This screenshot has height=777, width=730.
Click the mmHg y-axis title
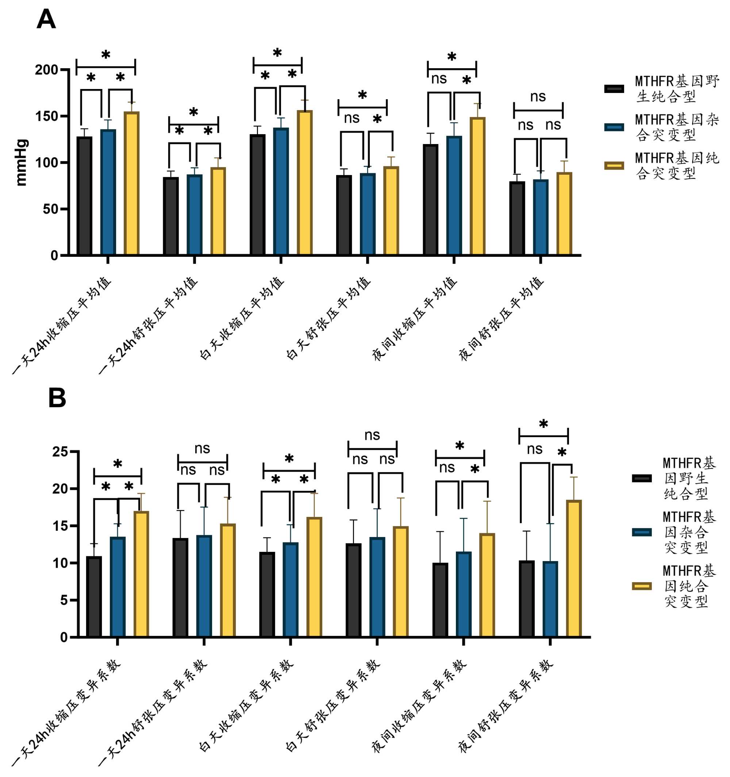(22, 162)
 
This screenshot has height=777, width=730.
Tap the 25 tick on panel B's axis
(60, 452)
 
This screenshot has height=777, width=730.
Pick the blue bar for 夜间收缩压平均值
(454, 195)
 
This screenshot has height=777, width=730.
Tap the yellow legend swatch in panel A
(614, 165)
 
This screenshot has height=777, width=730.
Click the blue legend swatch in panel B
(641, 532)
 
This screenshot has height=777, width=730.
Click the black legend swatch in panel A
(614, 89)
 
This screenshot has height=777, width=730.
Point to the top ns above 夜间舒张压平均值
(538, 97)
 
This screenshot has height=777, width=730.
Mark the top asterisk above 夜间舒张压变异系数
(543, 424)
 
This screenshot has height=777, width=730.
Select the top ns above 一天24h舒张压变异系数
(202, 449)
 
